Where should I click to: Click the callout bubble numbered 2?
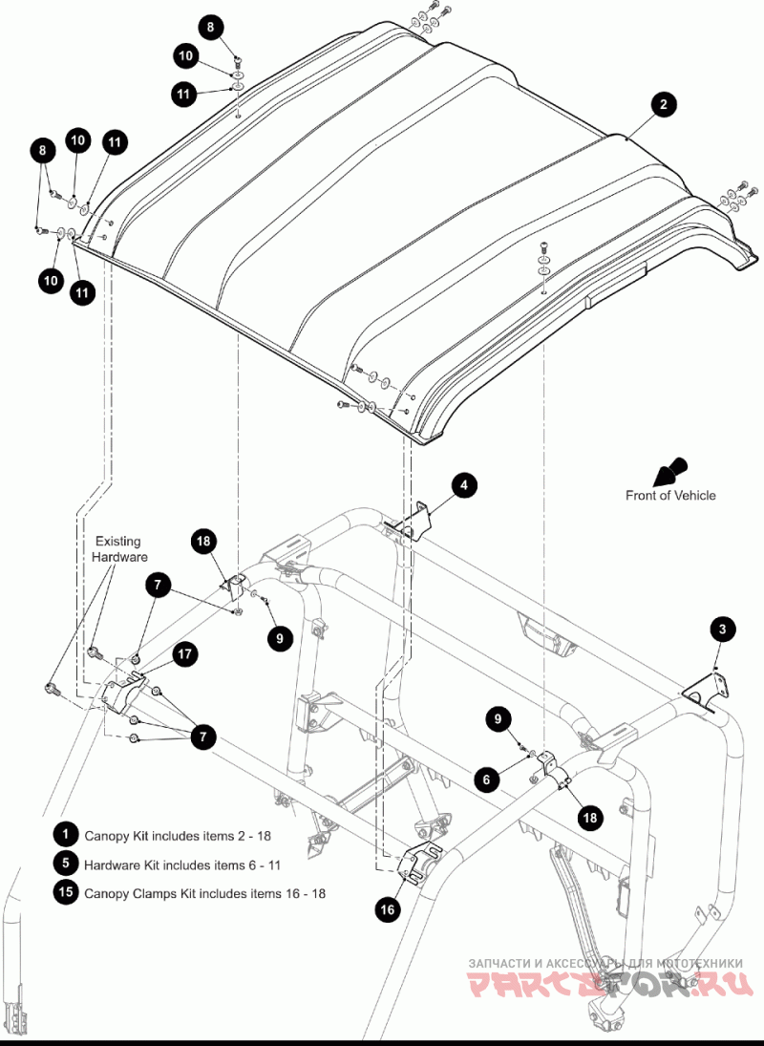coord(664,105)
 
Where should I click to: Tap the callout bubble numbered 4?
coord(465,485)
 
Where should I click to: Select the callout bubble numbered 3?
coord(723,630)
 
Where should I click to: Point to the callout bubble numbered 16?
coord(388,909)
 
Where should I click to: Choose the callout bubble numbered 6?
coord(487,779)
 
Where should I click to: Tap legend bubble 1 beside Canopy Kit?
coord(65,834)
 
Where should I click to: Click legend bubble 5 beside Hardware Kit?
coord(65,864)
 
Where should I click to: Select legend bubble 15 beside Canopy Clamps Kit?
coord(65,892)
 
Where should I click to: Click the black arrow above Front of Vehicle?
coord(669,472)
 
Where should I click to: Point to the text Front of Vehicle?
coord(670,496)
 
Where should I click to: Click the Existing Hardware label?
coord(119,549)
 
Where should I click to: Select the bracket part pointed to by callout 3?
coord(704,693)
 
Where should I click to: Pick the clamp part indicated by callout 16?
coord(420,862)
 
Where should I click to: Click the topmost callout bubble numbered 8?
coord(211,28)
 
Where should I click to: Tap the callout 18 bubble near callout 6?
coord(590,817)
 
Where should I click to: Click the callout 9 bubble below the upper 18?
coord(280,638)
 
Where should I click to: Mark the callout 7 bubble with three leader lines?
coord(203,737)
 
